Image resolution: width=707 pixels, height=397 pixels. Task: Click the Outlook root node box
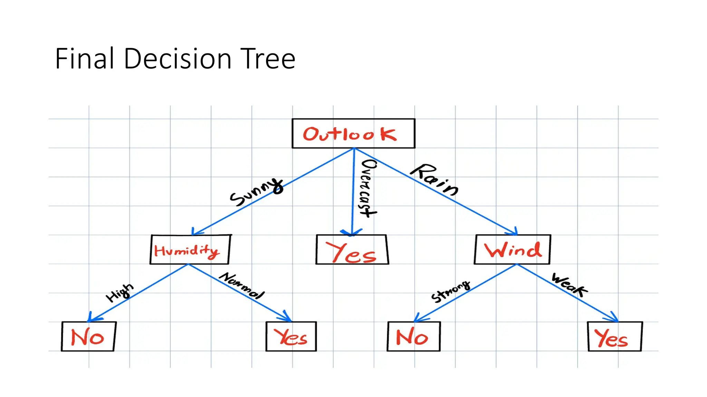point(353,133)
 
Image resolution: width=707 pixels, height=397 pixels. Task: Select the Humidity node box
point(190,250)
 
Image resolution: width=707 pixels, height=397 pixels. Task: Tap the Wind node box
point(512,250)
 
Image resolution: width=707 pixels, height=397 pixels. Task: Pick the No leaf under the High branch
point(88,336)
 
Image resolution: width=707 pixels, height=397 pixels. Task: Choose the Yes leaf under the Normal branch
point(291,336)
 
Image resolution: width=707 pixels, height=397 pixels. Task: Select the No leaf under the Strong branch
point(413,336)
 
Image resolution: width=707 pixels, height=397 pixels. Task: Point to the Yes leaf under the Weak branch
point(614,336)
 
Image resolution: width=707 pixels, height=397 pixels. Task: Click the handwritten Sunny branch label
point(256,192)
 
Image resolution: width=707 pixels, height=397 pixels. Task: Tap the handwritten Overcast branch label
point(368,188)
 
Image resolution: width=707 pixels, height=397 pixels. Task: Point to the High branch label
point(119,293)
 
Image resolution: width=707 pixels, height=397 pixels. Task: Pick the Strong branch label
point(451,291)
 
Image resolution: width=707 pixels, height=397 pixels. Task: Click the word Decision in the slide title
point(177,59)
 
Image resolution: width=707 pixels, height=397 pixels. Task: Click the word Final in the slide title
point(85,59)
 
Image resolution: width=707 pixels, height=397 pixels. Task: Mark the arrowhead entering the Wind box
point(514,232)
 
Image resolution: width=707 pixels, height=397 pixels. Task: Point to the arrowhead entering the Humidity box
point(195,232)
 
